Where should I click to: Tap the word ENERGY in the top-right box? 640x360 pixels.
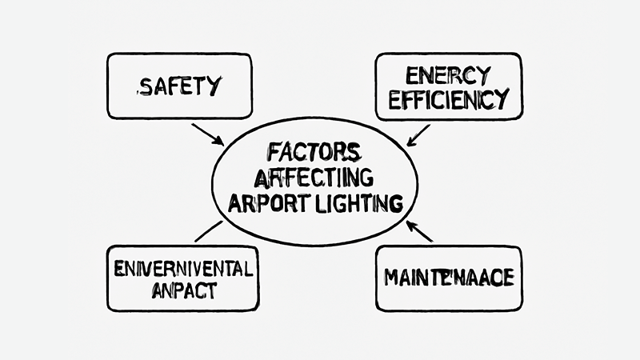click(x=448, y=77)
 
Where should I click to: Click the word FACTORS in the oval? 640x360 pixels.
click(x=314, y=153)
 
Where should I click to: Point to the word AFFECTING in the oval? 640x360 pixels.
click(x=314, y=177)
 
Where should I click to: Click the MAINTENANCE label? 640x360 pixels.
click(x=448, y=280)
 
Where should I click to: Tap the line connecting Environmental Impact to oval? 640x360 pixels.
click(x=210, y=231)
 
